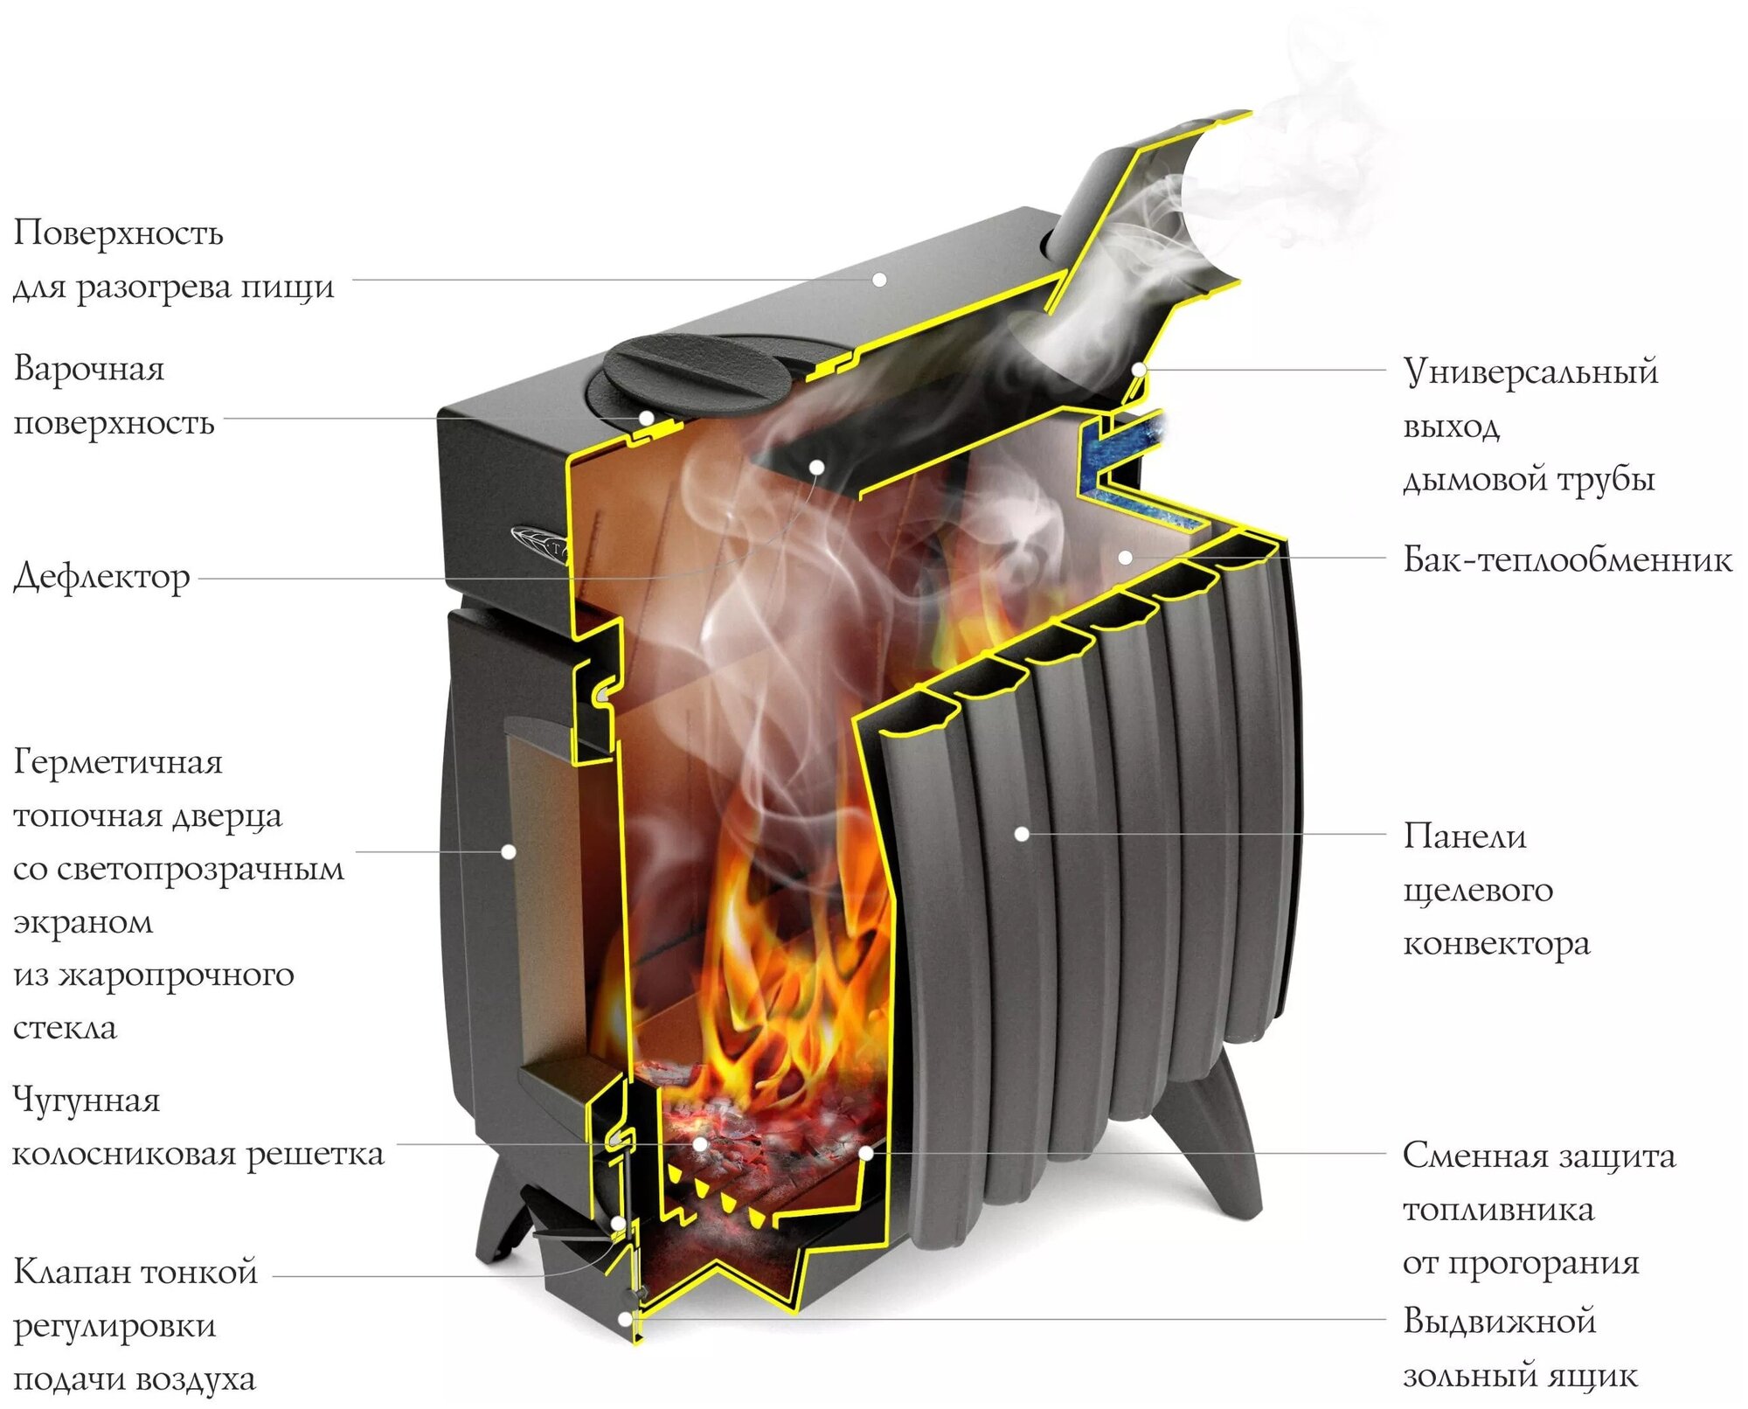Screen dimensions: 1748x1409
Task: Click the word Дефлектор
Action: click(x=101, y=577)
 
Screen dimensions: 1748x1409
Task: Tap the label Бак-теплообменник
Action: click(x=1566, y=559)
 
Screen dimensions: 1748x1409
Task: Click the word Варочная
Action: click(x=89, y=369)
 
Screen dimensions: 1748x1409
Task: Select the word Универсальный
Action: click(x=1530, y=371)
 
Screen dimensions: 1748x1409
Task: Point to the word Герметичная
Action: click(x=118, y=762)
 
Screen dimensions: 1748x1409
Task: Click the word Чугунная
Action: click(x=87, y=1100)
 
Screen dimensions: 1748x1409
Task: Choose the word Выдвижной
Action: click(x=1500, y=1321)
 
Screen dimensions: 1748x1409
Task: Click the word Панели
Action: click(x=1465, y=836)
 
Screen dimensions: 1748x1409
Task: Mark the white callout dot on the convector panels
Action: click(x=1021, y=834)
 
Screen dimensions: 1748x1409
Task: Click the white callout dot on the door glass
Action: click(x=508, y=850)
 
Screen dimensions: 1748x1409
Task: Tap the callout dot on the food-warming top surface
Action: click(x=879, y=279)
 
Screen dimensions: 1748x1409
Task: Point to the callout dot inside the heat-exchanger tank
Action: click(x=1126, y=557)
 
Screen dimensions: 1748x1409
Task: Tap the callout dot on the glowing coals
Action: click(x=700, y=1143)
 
